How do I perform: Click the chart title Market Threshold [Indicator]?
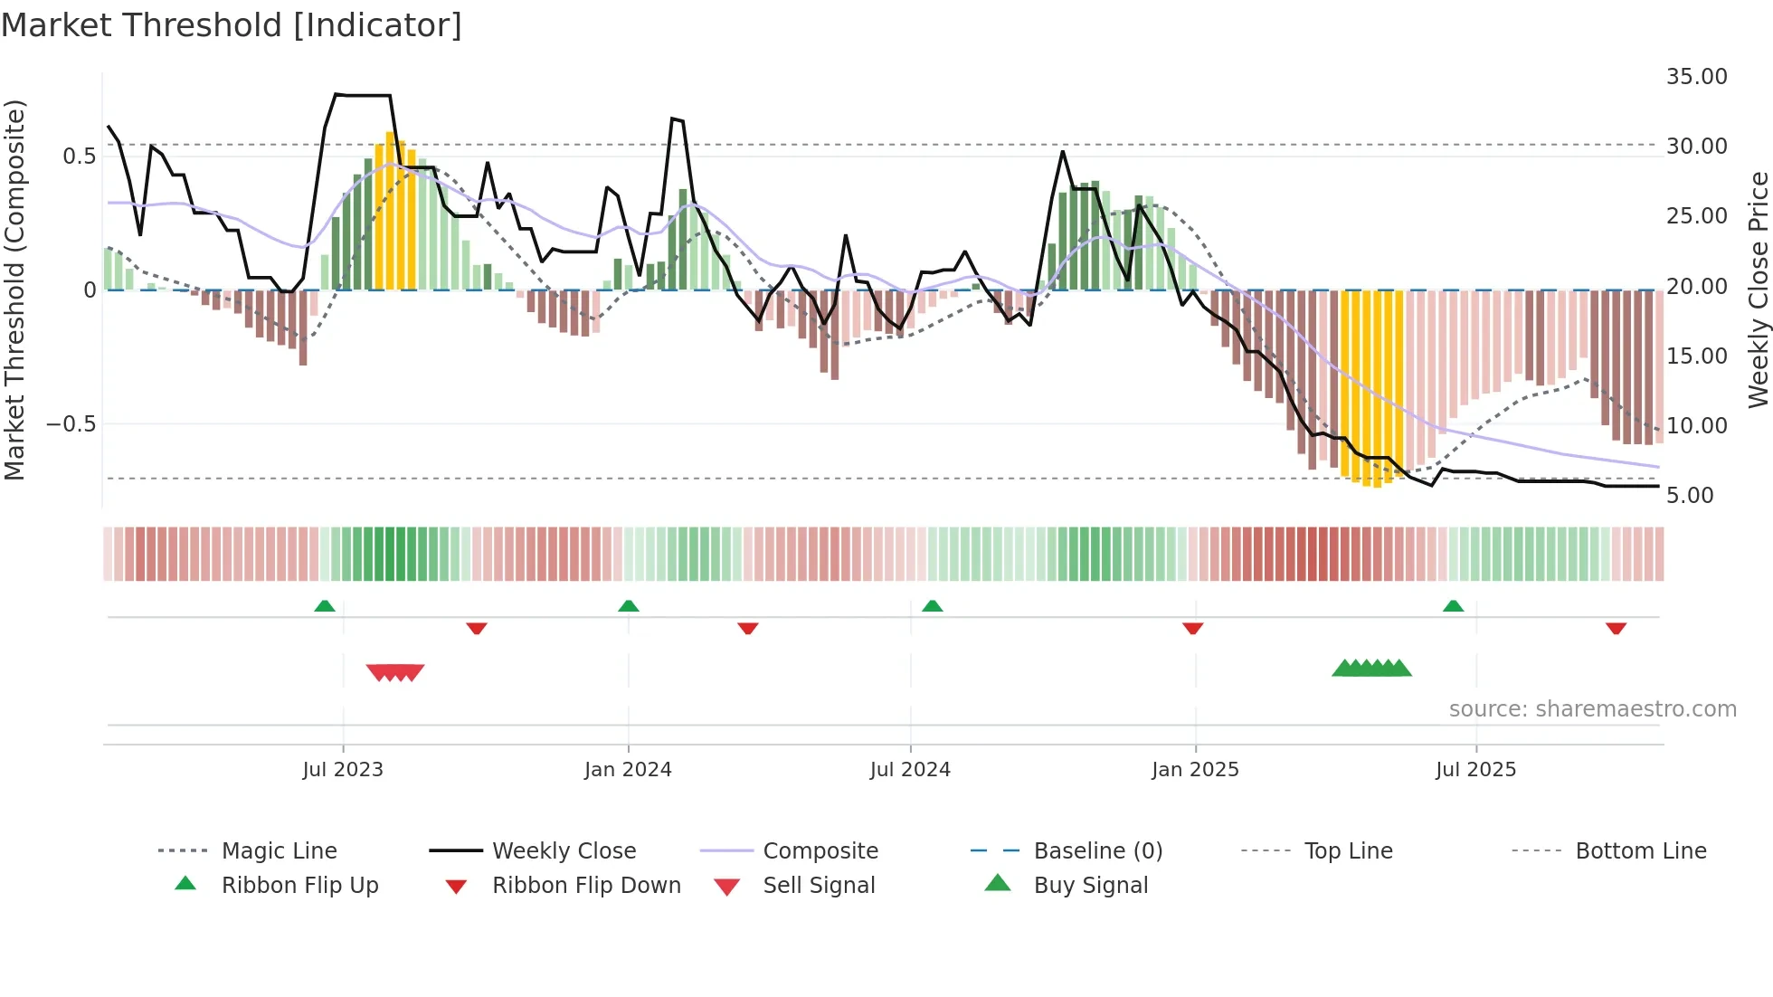(232, 25)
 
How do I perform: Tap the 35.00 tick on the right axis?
(1696, 77)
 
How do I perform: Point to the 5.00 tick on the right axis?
(1690, 496)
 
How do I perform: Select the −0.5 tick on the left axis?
(71, 424)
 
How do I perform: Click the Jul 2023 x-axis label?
(343, 770)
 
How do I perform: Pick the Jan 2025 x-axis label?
(1195, 770)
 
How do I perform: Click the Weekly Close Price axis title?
(1758, 290)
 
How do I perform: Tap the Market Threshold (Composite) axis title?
(14, 290)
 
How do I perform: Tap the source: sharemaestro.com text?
(1592, 709)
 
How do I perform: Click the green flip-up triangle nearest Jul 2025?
(1453, 606)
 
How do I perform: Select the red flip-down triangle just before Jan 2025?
(1192, 628)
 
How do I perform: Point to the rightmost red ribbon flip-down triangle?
(1616, 628)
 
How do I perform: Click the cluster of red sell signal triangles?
(395, 672)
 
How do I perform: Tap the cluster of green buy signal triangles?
(1371, 669)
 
